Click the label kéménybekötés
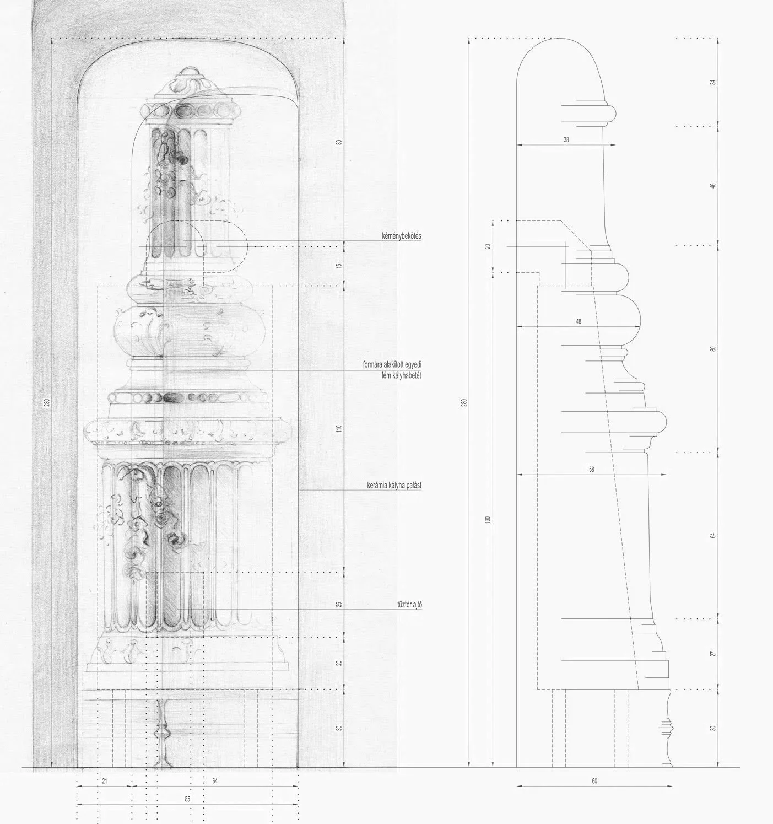click(401, 236)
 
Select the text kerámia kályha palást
click(394, 485)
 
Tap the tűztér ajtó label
click(409, 605)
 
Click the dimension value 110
click(339, 429)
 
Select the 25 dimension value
click(339, 605)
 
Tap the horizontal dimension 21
click(105, 781)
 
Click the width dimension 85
click(187, 799)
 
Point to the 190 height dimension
click(488, 519)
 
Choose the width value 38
click(566, 140)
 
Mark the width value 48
click(579, 321)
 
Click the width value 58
click(591, 469)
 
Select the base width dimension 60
click(594, 781)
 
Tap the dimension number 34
click(713, 82)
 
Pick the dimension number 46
click(713, 185)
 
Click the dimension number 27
click(713, 654)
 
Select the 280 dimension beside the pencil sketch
click(47, 402)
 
